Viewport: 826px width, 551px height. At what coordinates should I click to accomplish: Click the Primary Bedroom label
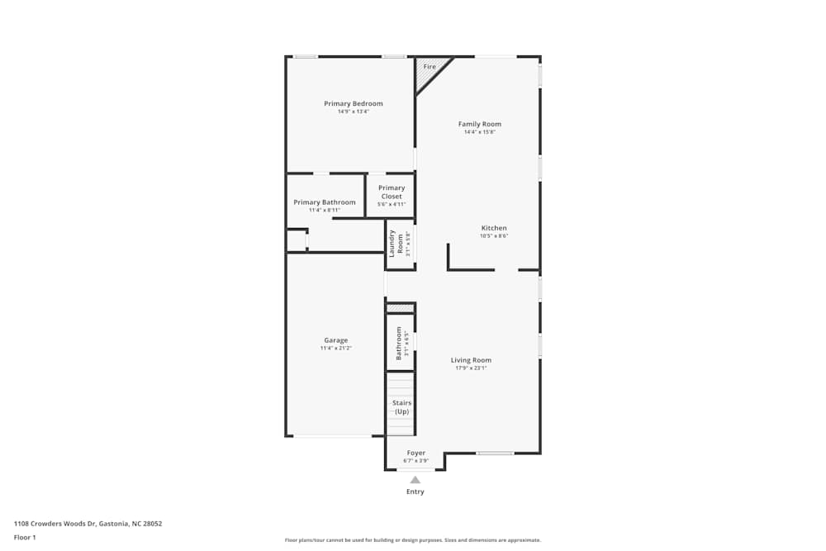[x=353, y=103]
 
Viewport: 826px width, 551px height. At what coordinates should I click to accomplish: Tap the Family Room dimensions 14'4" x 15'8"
[x=480, y=132]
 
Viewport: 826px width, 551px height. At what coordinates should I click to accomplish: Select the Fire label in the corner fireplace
[x=430, y=66]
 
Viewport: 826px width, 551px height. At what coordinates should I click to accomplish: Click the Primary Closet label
[x=392, y=192]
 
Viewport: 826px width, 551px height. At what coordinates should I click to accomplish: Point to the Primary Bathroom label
[x=325, y=202]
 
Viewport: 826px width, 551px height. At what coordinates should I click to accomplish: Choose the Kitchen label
[x=494, y=228]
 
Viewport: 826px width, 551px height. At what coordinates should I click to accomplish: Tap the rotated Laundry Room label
[x=396, y=243]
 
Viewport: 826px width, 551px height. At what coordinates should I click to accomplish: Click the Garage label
[x=335, y=340]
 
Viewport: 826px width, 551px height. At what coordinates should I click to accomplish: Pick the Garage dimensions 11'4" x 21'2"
[x=335, y=349]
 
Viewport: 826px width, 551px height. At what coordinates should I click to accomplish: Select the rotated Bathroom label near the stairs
[x=398, y=342]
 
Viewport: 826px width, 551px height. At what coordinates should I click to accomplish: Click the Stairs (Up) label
[x=401, y=407]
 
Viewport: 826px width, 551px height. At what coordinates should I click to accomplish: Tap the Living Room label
[x=471, y=360]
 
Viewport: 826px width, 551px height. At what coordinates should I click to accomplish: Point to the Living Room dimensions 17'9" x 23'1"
[x=471, y=368]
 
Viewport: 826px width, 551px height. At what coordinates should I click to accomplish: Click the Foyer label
[x=416, y=453]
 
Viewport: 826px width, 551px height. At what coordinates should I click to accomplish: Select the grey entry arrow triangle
[x=415, y=480]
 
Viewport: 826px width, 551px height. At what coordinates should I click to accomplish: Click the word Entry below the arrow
[x=415, y=492]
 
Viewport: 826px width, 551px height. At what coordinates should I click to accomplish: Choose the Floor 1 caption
[x=25, y=537]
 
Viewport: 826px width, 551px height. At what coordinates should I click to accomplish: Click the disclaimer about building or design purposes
[x=413, y=540]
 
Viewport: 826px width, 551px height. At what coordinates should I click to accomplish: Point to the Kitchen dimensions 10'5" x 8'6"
[x=494, y=236]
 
